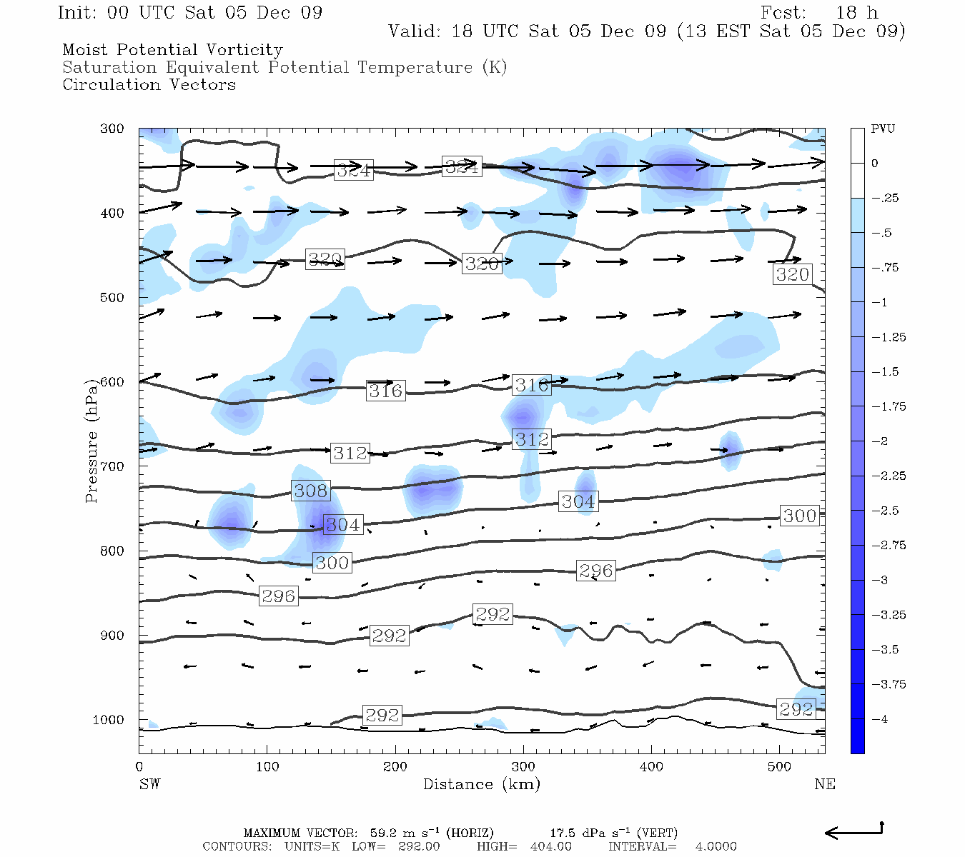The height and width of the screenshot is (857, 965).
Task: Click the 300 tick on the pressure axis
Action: click(112, 129)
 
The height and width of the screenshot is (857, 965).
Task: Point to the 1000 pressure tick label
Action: click(109, 720)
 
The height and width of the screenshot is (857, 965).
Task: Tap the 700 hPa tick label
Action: click(112, 466)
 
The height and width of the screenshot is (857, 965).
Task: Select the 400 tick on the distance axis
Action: click(651, 767)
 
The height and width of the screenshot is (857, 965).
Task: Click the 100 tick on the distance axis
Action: click(267, 767)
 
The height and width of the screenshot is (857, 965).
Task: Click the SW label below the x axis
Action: click(149, 784)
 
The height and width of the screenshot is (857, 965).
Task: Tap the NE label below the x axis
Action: click(824, 784)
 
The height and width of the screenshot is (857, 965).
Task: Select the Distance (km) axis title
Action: click(481, 784)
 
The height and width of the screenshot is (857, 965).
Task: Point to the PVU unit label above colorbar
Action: click(883, 129)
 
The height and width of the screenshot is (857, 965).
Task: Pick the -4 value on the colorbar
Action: click(880, 719)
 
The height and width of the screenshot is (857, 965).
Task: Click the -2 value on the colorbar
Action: click(880, 441)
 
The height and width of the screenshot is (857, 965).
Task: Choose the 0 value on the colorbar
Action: click(874, 164)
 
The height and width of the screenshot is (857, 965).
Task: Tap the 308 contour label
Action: click(311, 491)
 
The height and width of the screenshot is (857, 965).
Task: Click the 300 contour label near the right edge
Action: click(799, 516)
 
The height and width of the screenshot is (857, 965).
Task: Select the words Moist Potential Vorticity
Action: click(172, 50)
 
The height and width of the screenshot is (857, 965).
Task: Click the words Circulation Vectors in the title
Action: click(149, 84)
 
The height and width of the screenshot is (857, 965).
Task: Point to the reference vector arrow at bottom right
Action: click(854, 831)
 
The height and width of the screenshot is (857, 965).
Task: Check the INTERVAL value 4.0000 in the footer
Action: click(716, 846)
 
